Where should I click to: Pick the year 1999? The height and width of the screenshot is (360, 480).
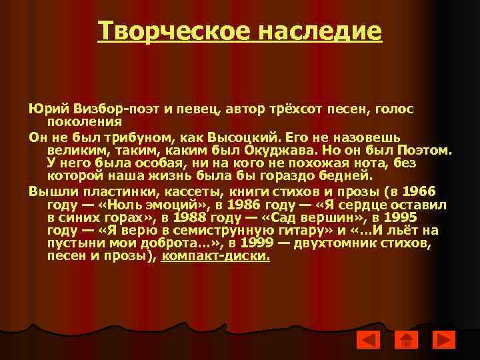tap(258, 243)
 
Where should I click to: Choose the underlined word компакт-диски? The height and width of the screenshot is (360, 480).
tap(216, 257)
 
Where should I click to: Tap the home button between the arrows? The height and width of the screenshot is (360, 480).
tap(405, 341)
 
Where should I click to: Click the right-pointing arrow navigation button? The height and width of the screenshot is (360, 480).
tap(443, 341)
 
